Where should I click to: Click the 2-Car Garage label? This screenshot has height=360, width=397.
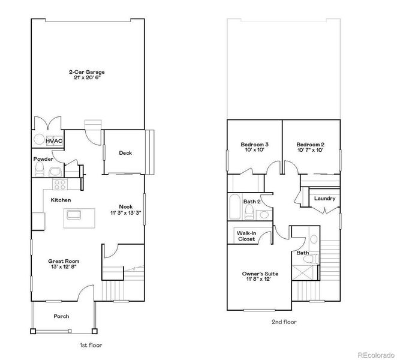(88, 71)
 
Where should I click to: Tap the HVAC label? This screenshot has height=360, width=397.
(54, 140)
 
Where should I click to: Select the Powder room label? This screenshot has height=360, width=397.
(43, 159)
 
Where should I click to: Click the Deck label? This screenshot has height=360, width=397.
(125, 153)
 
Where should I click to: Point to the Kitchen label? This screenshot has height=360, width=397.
(61, 199)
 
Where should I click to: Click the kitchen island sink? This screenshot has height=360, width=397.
(75, 213)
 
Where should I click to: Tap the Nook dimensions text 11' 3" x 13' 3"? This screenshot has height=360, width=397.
(125, 213)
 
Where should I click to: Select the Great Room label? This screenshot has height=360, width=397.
(64, 261)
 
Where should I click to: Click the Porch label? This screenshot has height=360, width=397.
(61, 316)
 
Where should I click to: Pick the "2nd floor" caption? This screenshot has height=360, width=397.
(283, 322)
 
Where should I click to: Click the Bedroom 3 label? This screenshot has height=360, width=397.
(254, 145)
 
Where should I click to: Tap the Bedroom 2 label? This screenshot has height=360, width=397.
(310, 145)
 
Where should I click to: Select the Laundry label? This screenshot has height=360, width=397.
(324, 199)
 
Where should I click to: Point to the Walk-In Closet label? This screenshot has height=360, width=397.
(246, 236)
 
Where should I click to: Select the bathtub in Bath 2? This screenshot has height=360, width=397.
(234, 207)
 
